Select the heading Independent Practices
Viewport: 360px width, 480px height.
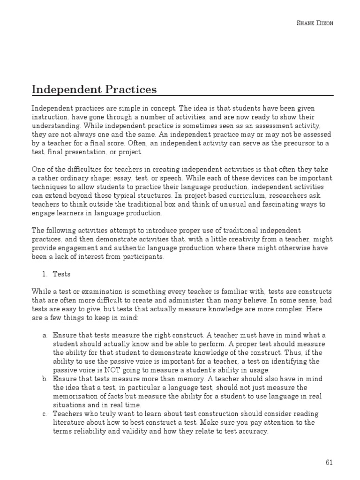[94, 89]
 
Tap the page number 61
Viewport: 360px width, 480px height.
[329, 463]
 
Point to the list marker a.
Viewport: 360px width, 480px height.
[45, 336]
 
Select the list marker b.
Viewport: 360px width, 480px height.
[45, 379]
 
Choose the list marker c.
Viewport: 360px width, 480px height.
[45, 414]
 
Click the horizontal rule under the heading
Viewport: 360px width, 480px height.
[182, 96]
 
